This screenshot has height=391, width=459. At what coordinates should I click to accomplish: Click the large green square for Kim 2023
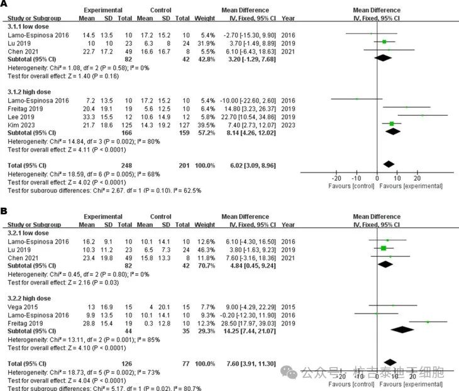point(392,124)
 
